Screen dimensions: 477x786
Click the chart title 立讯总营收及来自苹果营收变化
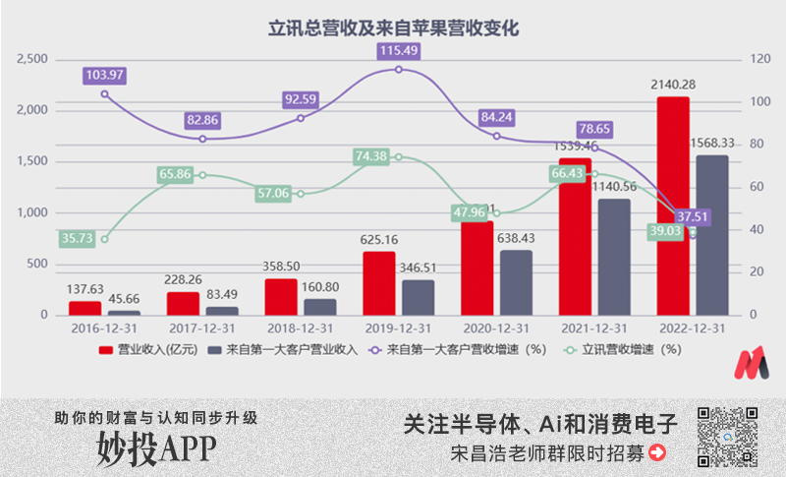point(393,29)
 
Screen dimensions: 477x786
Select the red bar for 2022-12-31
point(673,207)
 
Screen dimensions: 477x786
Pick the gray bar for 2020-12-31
point(517,282)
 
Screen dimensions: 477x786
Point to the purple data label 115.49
point(399,50)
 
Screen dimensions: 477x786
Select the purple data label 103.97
point(105,75)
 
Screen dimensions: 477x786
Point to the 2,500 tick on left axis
point(32,60)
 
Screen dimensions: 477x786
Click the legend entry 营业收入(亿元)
point(147,348)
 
